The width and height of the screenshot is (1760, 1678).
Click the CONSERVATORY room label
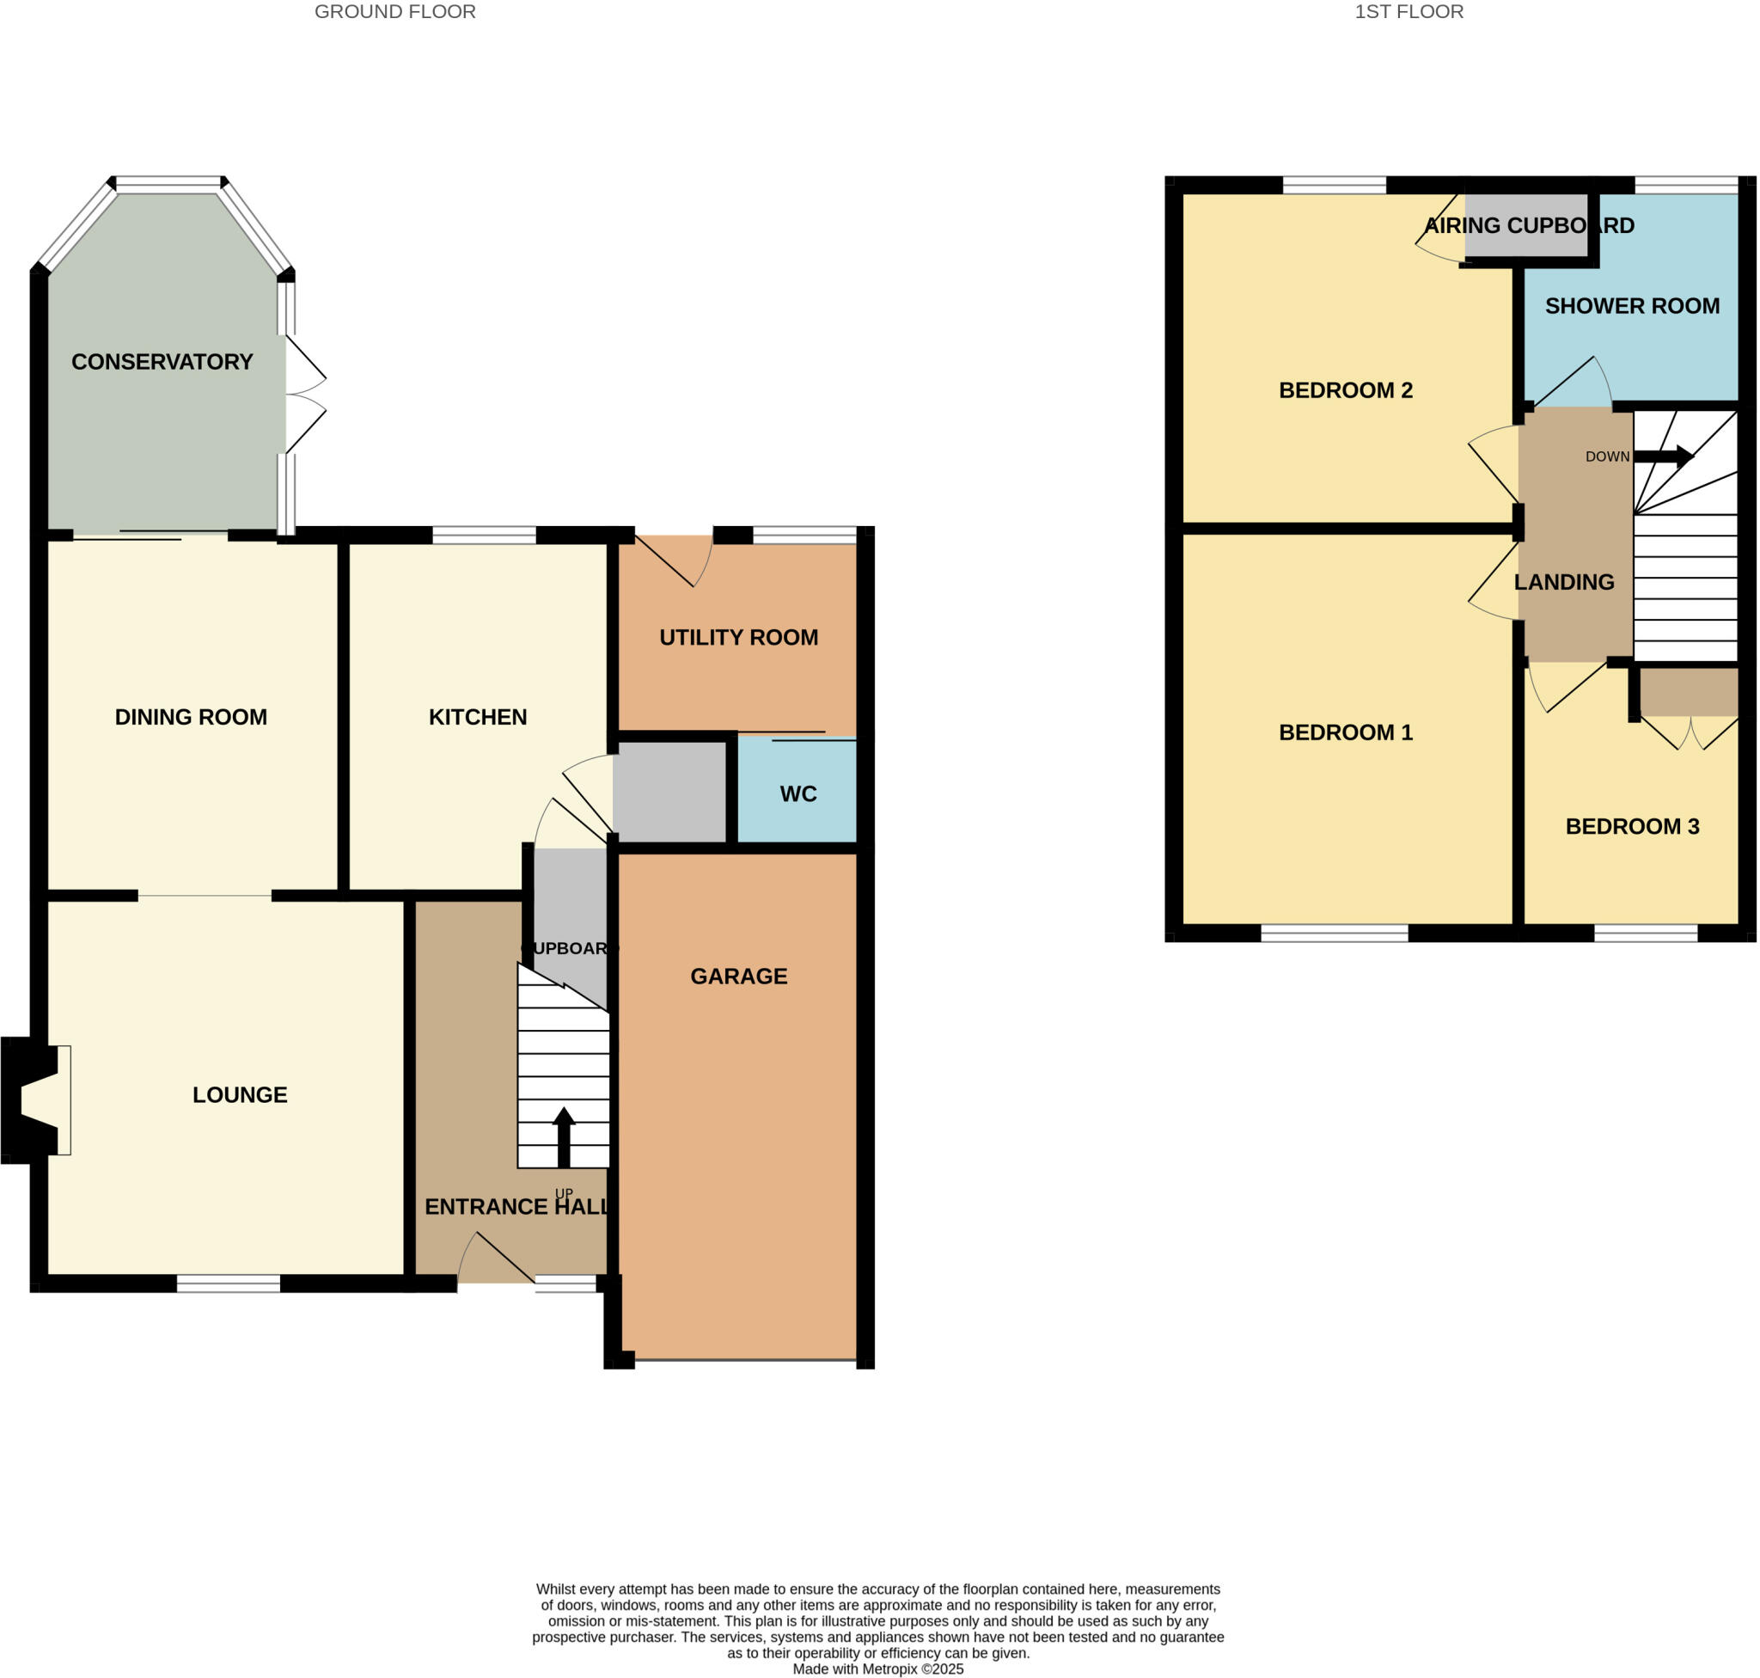(x=162, y=361)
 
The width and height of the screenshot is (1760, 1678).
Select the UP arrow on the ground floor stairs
(x=564, y=1136)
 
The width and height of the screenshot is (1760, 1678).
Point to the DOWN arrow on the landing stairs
(x=1663, y=456)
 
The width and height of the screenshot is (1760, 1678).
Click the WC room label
(x=797, y=793)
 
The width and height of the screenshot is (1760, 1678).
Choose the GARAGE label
(x=739, y=976)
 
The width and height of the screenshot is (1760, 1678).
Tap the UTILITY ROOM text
(x=739, y=637)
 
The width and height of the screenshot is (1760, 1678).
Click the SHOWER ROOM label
(x=1632, y=306)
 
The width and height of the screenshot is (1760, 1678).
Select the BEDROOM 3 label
(x=1632, y=825)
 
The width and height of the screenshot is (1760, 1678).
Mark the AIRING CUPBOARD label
(x=1530, y=225)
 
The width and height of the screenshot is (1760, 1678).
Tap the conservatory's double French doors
(x=304, y=394)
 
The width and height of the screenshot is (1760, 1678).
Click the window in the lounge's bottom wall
(x=228, y=1283)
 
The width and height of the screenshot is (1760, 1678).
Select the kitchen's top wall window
(x=484, y=535)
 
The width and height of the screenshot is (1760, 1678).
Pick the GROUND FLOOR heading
(x=394, y=12)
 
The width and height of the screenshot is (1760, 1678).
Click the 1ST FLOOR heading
(x=1409, y=12)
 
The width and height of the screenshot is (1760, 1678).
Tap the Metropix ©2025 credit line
(x=877, y=1669)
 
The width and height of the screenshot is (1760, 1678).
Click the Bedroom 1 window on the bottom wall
(x=1335, y=933)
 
